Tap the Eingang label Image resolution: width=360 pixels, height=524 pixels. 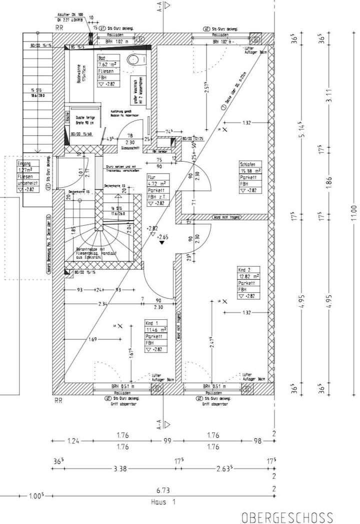click(x=23, y=164)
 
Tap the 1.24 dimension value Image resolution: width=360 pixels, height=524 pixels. click(x=72, y=441)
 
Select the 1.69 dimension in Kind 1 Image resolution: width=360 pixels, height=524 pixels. click(x=92, y=340)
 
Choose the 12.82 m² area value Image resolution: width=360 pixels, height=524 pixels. click(x=248, y=276)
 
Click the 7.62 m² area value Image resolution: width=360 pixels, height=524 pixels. click(x=106, y=65)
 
